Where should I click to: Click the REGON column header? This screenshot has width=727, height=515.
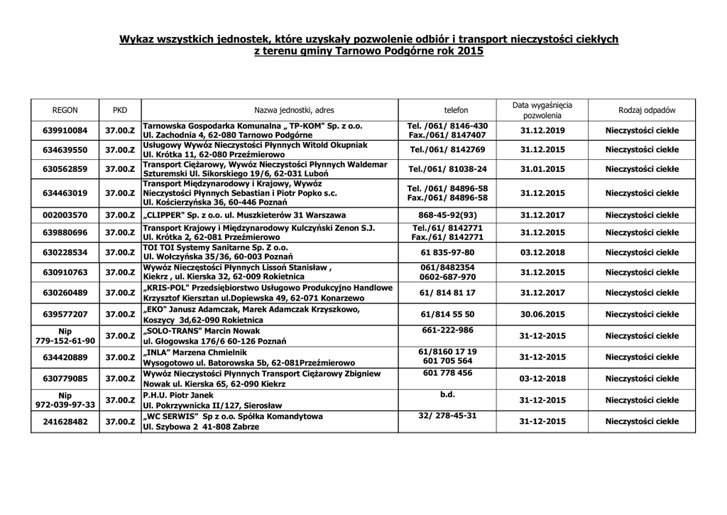[65, 110]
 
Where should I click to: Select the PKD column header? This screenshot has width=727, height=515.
[120, 110]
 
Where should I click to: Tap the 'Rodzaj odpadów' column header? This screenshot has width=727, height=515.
[646, 110]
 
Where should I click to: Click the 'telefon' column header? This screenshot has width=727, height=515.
[457, 110]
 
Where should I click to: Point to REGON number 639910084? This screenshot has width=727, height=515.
[65, 130]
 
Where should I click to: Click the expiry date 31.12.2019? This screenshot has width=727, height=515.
[542, 130]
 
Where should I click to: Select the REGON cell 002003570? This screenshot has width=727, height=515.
[65, 214]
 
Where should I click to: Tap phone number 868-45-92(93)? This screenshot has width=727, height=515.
[447, 214]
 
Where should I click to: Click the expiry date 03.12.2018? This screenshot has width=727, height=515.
[542, 252]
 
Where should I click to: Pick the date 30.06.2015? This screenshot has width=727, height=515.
[542, 313]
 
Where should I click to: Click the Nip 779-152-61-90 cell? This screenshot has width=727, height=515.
[65, 335]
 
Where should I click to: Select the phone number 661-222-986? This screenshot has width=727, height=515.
[447, 330]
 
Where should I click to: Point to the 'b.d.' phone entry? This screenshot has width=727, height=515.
[447, 394]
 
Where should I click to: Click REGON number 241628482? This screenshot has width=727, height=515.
[65, 421]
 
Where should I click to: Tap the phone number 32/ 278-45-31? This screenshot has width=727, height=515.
[447, 416]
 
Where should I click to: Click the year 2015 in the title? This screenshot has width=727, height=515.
[470, 52]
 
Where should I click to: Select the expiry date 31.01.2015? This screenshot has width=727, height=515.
[542, 169]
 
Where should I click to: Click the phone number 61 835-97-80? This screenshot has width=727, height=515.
[447, 252]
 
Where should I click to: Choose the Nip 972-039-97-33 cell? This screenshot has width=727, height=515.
[65, 399]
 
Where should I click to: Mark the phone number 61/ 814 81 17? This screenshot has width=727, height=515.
[447, 292]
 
